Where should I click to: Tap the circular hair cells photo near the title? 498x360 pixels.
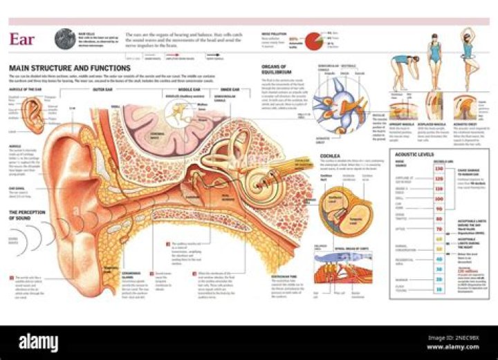click(65, 38)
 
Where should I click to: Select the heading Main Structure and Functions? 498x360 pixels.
click(59, 68)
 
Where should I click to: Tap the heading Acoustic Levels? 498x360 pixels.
click(414, 155)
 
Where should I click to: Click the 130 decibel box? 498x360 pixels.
click(438, 168)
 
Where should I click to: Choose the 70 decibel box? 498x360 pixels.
click(438, 228)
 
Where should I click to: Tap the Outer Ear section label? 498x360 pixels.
click(103, 90)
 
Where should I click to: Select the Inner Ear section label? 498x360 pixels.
click(230, 90)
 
